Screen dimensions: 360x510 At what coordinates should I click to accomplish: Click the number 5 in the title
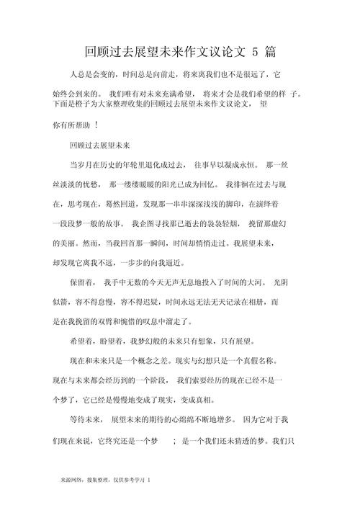click(x=256, y=53)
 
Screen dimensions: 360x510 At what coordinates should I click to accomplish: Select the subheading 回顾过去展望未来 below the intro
click(x=99, y=145)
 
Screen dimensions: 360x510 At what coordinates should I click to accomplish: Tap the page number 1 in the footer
click(x=148, y=478)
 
